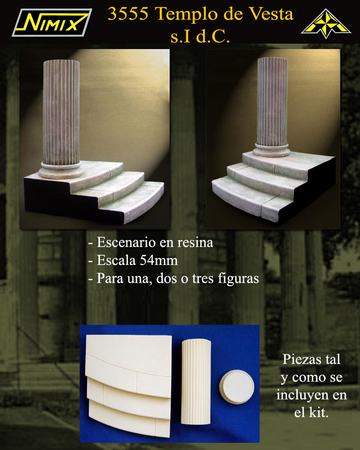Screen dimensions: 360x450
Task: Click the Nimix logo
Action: (x=52, y=22)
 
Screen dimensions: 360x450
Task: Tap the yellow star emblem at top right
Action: (x=326, y=23)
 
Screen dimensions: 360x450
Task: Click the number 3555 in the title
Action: (x=128, y=14)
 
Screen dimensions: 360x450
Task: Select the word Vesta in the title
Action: (x=271, y=14)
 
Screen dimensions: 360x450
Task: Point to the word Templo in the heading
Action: (x=187, y=14)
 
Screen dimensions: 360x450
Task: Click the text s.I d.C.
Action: (x=200, y=37)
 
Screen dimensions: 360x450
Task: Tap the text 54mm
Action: (x=159, y=260)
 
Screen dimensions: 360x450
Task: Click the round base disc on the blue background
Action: (x=237, y=387)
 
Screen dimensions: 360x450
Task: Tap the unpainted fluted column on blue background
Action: (x=196, y=382)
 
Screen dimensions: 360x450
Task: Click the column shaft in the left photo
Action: (x=61, y=112)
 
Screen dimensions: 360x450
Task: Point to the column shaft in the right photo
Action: (x=272, y=102)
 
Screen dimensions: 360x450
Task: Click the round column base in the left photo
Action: (x=61, y=170)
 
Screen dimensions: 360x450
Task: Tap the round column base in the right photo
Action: (x=272, y=150)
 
